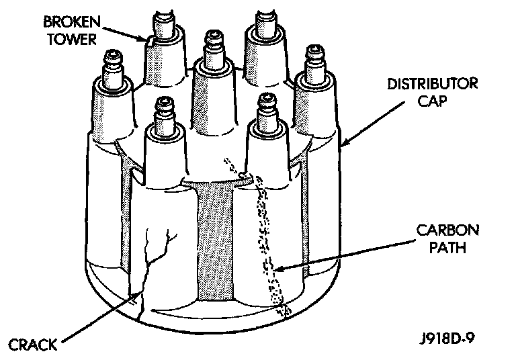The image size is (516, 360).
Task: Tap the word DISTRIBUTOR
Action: point(431,84)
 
